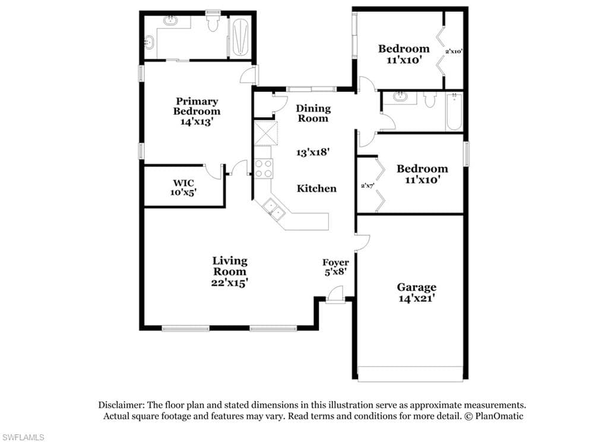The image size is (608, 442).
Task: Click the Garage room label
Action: pos(416,287)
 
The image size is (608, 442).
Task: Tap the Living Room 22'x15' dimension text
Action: pos(230,283)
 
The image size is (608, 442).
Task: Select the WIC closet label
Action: pos(183,183)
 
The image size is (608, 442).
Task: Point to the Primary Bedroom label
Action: pos(197,106)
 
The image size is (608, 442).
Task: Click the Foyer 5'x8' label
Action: pos(335,267)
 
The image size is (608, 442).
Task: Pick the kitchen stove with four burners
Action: pos(264,168)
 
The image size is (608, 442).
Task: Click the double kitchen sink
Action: pos(274,209)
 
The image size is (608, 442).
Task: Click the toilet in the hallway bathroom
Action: pos(429,100)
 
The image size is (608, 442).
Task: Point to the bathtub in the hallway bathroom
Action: pos(454,112)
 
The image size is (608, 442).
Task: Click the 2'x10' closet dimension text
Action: pos(454,51)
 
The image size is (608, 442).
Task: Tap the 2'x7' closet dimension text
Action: pos(367,185)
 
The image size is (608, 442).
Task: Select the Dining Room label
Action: pos(313,113)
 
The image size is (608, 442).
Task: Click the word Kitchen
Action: pos(316,188)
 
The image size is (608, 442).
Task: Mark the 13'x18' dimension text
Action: pos(313,152)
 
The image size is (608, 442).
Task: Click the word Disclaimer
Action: pos(121,405)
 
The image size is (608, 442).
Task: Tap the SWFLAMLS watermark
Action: pos(23,437)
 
